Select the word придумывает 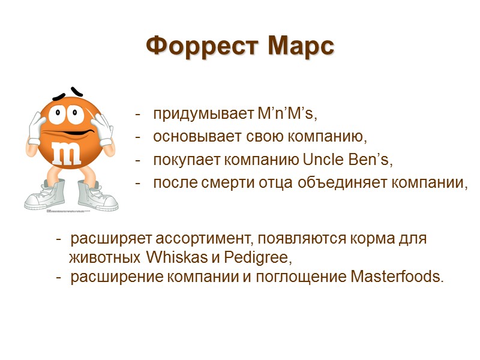pyautogui.click(x=202, y=113)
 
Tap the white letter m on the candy pyautogui.click(x=67, y=153)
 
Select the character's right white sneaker pyautogui.click(x=95, y=194)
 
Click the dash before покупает pyautogui.click(x=139, y=160)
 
